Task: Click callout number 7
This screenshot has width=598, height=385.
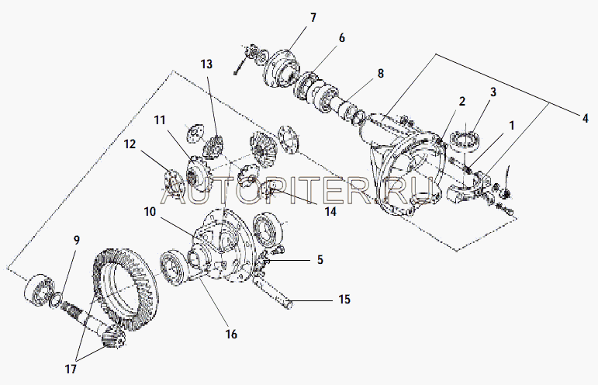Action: tap(313, 18)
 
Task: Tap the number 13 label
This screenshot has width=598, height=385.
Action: tap(206, 64)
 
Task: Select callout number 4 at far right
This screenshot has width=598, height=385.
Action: tap(585, 118)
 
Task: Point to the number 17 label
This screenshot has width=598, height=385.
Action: tap(71, 369)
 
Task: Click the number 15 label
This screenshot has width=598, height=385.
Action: tap(344, 299)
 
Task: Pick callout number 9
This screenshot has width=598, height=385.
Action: tap(77, 241)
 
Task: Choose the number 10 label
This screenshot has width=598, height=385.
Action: tap(150, 211)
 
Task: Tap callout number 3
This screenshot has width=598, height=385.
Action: tap(493, 92)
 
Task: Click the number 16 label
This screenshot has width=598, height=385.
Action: tap(231, 334)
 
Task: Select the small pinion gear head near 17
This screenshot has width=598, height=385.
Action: tap(114, 335)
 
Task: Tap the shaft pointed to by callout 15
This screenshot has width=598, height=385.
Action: tap(272, 291)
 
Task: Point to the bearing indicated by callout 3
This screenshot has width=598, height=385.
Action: tap(466, 139)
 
